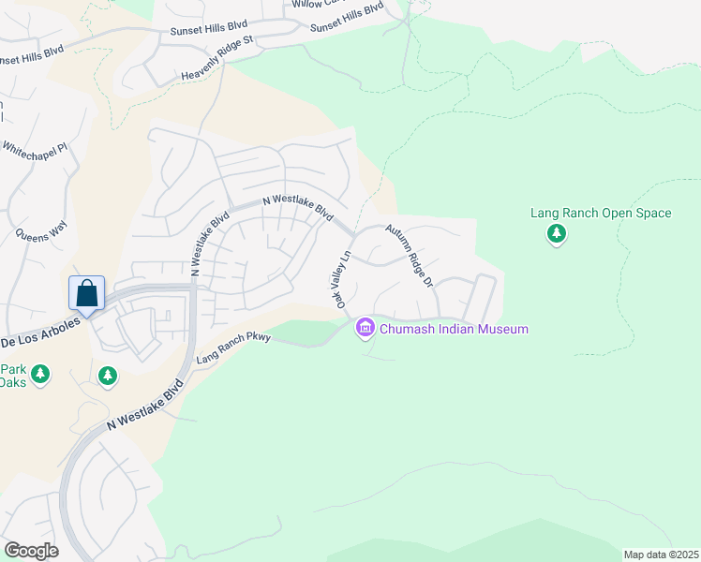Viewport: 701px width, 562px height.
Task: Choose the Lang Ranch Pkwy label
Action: pos(232,347)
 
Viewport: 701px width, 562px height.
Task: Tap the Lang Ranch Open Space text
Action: pos(601,213)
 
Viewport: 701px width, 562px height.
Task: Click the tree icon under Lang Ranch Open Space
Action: pos(557,233)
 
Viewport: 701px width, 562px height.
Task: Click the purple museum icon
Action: pos(365,328)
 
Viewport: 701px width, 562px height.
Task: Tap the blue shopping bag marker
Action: pos(86,293)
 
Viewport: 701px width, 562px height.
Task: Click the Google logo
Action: pos(31,550)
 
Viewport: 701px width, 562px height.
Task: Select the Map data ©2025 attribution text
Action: pos(661,555)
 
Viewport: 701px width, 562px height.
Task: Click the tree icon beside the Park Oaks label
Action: pos(39,375)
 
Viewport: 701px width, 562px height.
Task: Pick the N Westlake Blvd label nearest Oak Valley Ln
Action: pos(298,207)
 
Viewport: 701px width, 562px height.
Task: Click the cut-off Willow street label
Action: pos(317,4)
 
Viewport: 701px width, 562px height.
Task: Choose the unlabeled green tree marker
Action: pos(108,376)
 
